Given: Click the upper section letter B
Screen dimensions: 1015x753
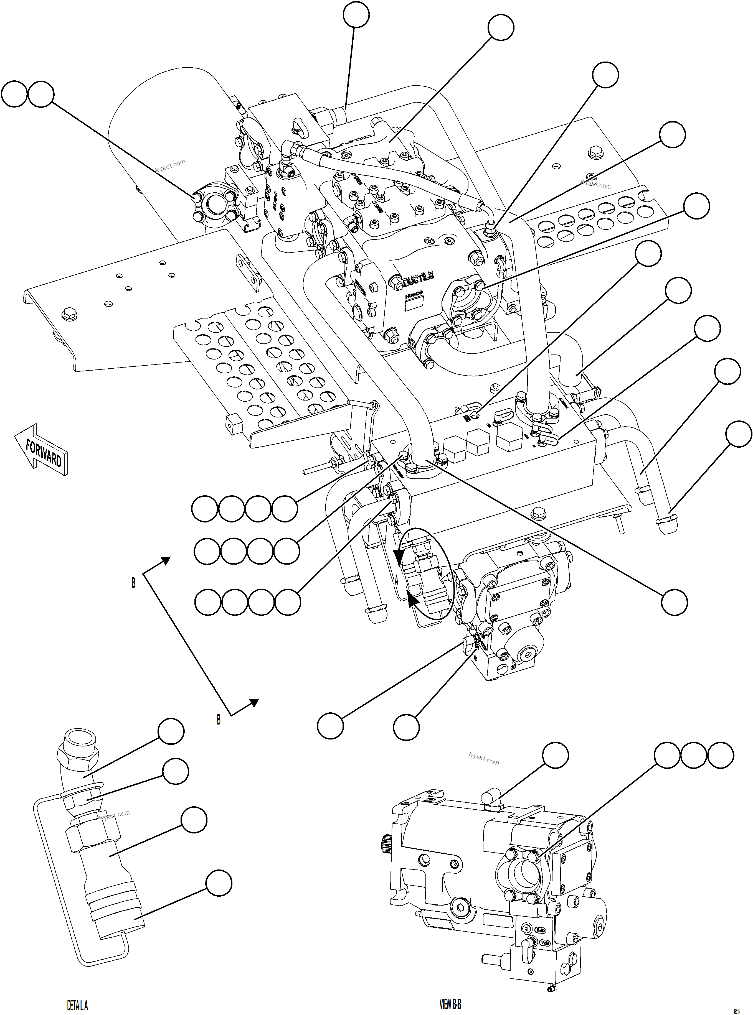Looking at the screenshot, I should (133, 583).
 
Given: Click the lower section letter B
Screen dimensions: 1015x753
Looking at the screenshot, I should (218, 720).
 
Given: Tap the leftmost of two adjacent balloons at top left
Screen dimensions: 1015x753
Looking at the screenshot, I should (14, 94).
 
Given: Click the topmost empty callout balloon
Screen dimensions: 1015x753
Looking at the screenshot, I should (356, 15).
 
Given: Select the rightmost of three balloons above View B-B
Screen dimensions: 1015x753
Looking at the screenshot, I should (721, 756).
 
